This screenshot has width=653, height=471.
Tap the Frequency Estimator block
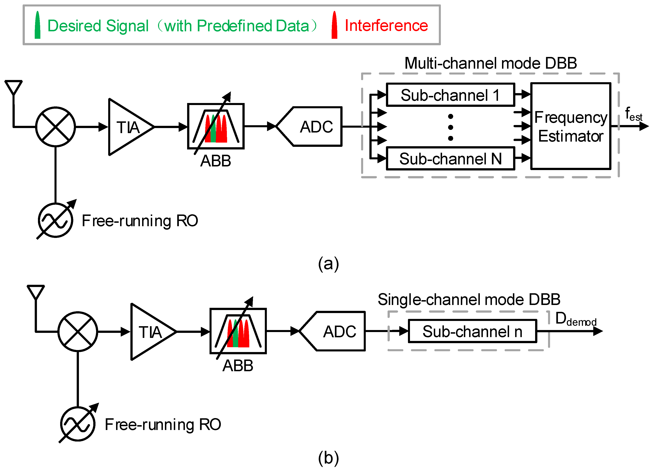(x=571, y=126)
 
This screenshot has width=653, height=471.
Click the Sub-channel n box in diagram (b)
(x=472, y=331)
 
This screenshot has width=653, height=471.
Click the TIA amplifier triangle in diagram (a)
(x=128, y=127)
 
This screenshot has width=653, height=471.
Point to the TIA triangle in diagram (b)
(x=150, y=332)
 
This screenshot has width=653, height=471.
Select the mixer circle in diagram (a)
(x=56, y=127)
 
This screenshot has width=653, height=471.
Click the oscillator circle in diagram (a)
(x=56, y=220)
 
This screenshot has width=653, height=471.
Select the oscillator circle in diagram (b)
(x=78, y=424)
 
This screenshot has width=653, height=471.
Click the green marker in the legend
(x=37, y=25)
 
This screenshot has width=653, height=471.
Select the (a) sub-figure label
(x=328, y=264)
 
